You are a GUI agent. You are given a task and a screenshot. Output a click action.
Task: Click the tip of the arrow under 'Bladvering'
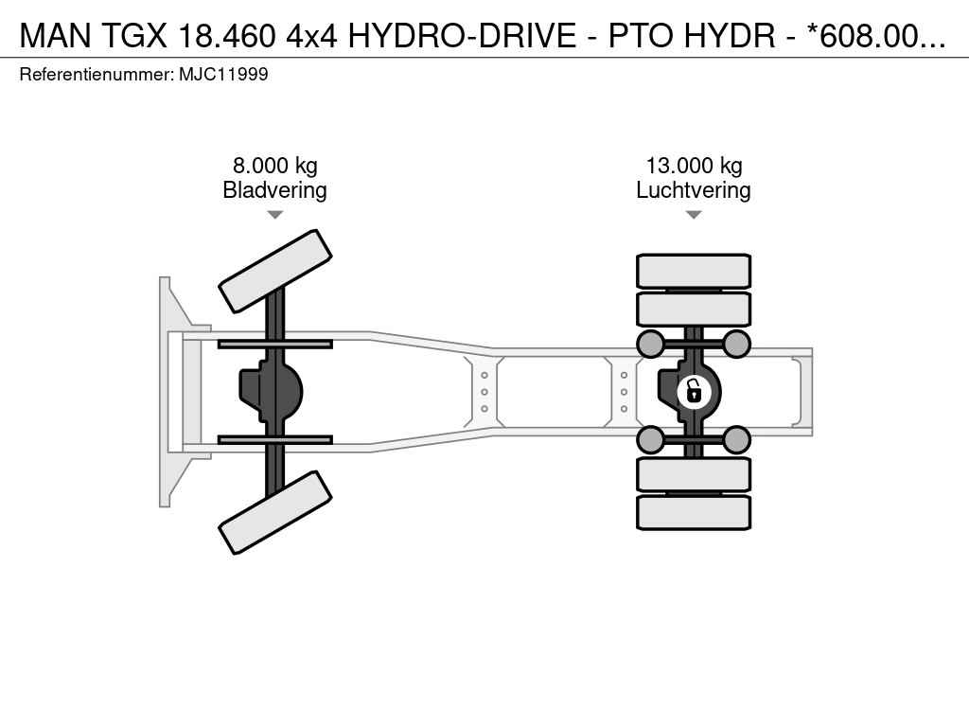275,219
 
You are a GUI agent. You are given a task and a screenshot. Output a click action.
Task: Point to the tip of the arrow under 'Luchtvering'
694,219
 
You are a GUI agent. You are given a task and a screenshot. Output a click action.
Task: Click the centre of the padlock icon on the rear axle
694,392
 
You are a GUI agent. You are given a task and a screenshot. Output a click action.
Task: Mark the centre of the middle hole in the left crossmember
484,392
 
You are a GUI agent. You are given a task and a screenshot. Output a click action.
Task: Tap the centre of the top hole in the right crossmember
625,375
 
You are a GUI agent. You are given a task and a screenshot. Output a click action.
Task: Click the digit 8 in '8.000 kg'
238,166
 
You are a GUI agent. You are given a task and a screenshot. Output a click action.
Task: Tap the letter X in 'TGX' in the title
155,35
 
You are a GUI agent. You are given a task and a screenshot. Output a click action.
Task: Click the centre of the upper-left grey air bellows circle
651,344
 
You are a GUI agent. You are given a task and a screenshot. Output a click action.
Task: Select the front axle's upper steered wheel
275,271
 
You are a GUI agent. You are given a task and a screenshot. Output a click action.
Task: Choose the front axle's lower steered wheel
275,512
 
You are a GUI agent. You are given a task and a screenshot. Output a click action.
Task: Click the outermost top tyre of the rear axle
694,271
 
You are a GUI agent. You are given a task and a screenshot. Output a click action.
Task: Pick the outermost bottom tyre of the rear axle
694,512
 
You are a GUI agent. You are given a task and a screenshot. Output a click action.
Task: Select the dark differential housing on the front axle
271,392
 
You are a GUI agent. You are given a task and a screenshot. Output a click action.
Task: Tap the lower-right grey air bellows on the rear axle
736,440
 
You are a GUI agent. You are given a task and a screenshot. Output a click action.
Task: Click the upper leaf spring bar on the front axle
275,344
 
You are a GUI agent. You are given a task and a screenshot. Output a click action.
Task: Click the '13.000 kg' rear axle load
694,166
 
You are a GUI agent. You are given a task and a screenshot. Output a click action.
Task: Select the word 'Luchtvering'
694,189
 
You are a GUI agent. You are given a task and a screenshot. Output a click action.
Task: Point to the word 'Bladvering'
275,189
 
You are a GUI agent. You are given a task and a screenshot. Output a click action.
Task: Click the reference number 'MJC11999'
223,75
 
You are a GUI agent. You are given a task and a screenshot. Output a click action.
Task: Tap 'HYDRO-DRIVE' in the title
462,35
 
